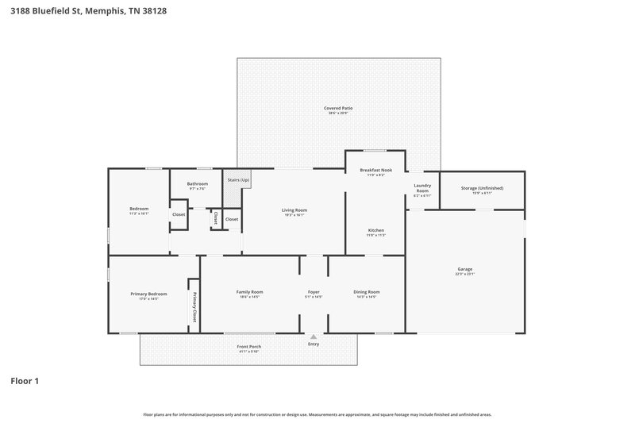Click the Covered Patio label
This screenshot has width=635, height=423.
[x=338, y=107]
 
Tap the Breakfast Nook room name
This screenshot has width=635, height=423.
[x=375, y=170]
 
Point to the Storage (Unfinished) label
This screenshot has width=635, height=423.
[x=482, y=188]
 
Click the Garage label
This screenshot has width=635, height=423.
[x=464, y=269]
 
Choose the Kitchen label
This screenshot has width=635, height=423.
[x=375, y=230]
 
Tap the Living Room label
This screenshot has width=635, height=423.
[x=293, y=210]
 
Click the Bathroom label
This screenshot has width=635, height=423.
[x=197, y=184]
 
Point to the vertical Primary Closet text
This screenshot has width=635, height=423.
[x=194, y=306]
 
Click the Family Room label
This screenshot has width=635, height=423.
[x=249, y=292]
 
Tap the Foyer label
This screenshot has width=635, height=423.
[x=314, y=292]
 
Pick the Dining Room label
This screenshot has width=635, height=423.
[x=366, y=292]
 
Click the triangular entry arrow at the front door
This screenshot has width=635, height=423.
[x=314, y=336]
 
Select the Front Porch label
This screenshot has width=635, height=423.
[x=248, y=347]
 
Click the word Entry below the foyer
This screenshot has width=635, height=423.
[x=314, y=344]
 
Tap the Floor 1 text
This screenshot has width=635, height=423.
[x=24, y=381]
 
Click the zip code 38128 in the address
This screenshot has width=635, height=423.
[x=156, y=12]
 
